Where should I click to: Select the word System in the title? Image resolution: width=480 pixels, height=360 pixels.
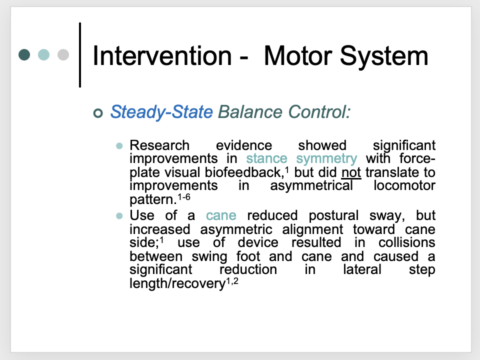pyautogui.click(x=389, y=56)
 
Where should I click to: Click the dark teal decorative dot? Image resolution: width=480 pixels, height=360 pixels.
pyautogui.click(x=24, y=54)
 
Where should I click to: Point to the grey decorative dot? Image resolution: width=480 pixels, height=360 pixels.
pyautogui.click(x=63, y=54)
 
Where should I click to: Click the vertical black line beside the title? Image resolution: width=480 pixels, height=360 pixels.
pyautogui.click(x=80, y=54)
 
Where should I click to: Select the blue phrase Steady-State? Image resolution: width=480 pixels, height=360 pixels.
pyautogui.click(x=161, y=111)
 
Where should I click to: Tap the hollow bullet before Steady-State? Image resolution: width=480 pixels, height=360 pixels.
pyautogui.click(x=97, y=112)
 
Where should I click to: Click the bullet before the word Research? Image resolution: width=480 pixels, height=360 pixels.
pyautogui.click(x=119, y=146)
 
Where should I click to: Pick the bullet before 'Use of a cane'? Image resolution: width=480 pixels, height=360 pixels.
pyautogui.click(x=119, y=216)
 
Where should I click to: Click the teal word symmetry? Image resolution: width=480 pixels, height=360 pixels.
pyautogui.click(x=326, y=159)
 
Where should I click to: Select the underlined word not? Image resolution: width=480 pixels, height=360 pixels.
pyautogui.click(x=350, y=172)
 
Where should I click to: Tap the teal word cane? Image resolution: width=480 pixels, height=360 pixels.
pyautogui.click(x=221, y=216)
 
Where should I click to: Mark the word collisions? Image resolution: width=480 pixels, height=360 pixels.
pyautogui.click(x=406, y=243)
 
